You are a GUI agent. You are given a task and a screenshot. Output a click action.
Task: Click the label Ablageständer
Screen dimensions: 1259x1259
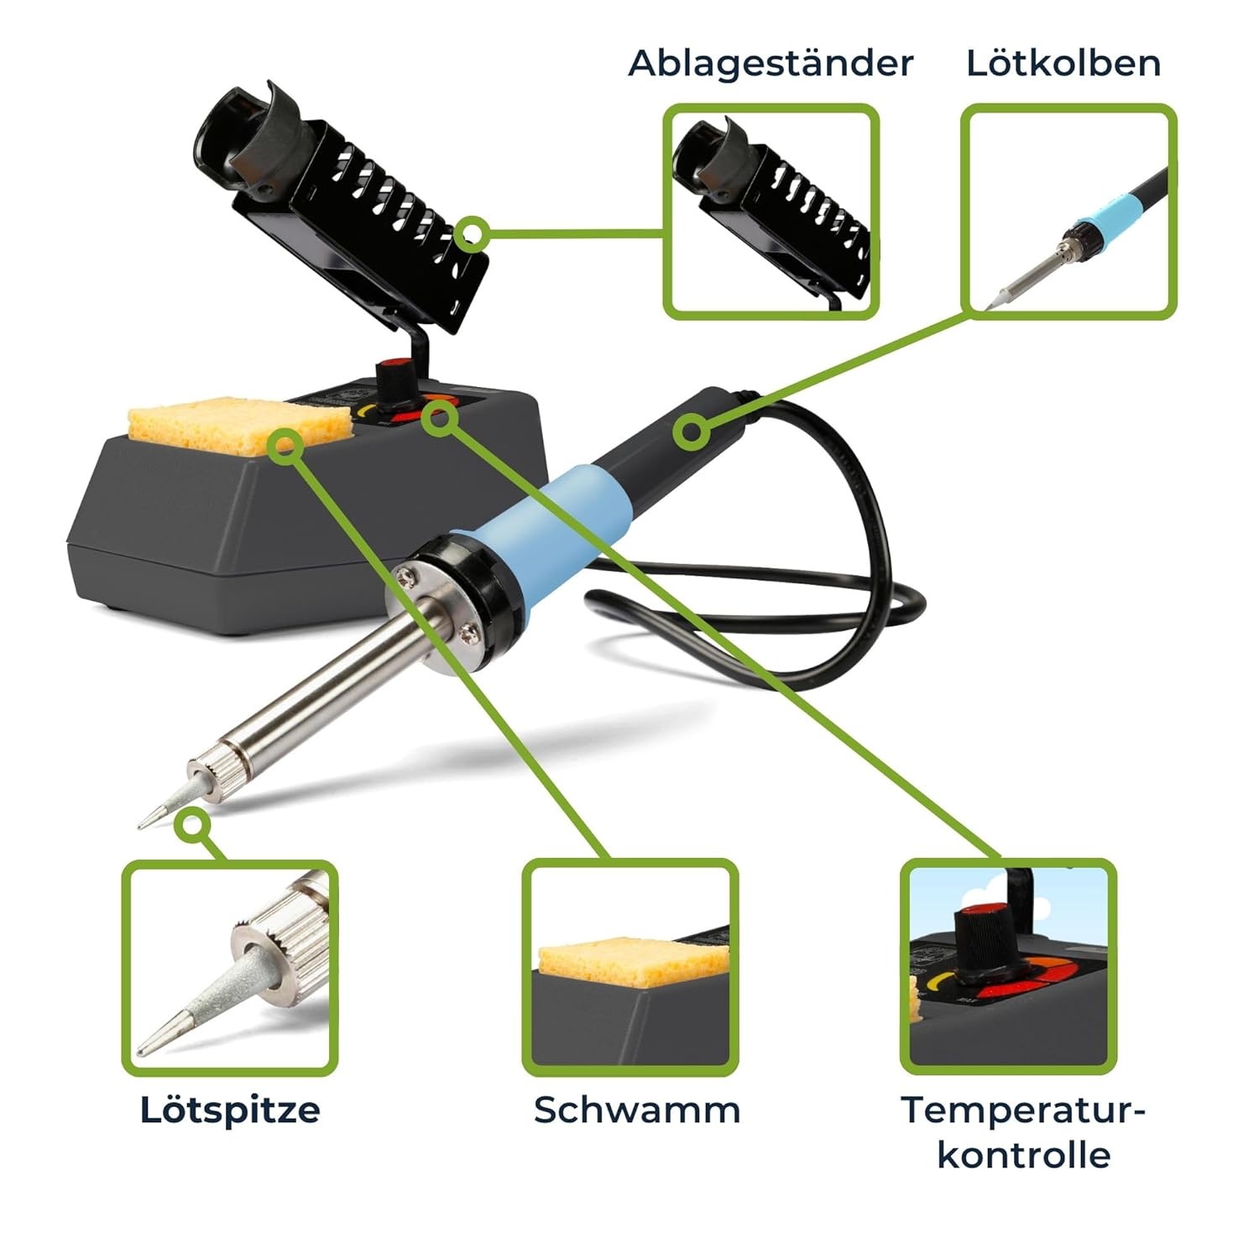[771, 63]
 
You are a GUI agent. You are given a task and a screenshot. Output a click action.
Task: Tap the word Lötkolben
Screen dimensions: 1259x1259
[1063, 63]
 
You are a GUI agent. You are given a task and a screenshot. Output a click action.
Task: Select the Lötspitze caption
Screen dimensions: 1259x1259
[230, 1110]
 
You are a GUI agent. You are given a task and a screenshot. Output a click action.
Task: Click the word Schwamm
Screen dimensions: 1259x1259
[637, 1110]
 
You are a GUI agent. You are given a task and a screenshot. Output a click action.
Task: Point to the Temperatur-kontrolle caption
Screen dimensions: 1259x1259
[1024, 1132]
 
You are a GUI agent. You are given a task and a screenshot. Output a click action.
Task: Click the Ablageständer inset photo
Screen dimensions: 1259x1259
[771, 212]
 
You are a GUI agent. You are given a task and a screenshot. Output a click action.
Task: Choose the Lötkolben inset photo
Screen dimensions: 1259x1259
[1068, 212]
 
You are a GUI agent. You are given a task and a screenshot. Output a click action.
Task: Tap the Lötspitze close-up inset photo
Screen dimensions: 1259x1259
[230, 967]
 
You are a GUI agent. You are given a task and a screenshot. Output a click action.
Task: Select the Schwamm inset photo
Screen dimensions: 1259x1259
[630, 967]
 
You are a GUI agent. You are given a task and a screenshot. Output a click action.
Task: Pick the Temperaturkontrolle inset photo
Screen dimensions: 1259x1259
[1009, 967]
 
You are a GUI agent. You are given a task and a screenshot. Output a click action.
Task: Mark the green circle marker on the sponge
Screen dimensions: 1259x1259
[286, 446]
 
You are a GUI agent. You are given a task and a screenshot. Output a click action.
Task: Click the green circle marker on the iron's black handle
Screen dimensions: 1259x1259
[692, 432]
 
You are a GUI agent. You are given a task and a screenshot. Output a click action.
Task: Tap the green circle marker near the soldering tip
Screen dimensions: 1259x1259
[194, 826]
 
